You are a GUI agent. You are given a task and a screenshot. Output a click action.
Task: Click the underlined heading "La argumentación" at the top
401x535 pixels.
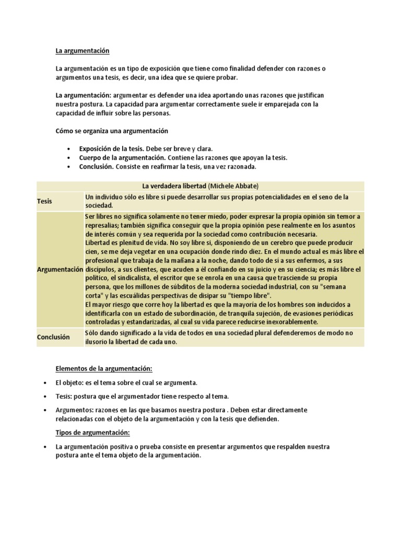[82, 51]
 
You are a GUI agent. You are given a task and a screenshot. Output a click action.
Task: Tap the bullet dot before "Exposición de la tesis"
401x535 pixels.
[69, 148]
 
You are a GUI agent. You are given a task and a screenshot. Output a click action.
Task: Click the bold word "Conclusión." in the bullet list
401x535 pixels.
[97, 167]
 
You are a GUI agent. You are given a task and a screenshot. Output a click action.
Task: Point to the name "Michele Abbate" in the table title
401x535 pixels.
[233, 185]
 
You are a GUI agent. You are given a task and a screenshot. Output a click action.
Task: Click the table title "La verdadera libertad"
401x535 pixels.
[174, 185]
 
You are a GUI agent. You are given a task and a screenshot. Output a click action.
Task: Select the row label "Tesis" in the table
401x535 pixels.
[44, 201]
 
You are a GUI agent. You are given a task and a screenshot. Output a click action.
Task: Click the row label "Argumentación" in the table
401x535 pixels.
[60, 269]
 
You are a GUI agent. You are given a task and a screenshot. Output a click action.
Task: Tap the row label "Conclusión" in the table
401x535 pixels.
[53, 337]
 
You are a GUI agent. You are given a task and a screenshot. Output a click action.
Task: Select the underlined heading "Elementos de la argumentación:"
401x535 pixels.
[104, 368]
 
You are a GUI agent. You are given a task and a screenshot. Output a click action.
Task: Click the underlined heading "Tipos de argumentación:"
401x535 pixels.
[92, 433]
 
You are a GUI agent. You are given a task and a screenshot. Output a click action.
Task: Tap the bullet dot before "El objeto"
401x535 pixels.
[46, 383]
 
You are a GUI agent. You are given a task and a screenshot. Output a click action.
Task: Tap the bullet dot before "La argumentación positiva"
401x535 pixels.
[46, 447]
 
